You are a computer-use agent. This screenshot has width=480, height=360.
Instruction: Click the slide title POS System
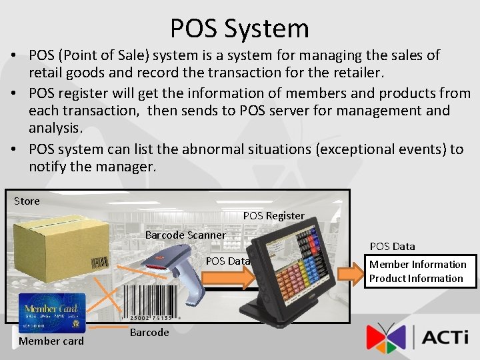coord(239,29)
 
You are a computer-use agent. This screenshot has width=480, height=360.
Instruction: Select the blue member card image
coord(51,313)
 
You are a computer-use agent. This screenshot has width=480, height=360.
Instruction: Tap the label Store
coord(27,201)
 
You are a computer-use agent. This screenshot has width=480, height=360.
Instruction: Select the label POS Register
coord(273,215)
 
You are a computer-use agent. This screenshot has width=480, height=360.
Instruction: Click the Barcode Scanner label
coord(185,235)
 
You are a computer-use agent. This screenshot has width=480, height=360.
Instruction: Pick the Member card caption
coord(51,341)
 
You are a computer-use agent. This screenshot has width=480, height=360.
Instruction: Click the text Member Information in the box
coord(418,265)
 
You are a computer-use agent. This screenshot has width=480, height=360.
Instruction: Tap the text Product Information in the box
coord(416,279)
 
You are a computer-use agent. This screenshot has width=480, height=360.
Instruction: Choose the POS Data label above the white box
coord(392,247)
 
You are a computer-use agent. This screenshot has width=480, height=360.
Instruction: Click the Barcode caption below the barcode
coord(149,333)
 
